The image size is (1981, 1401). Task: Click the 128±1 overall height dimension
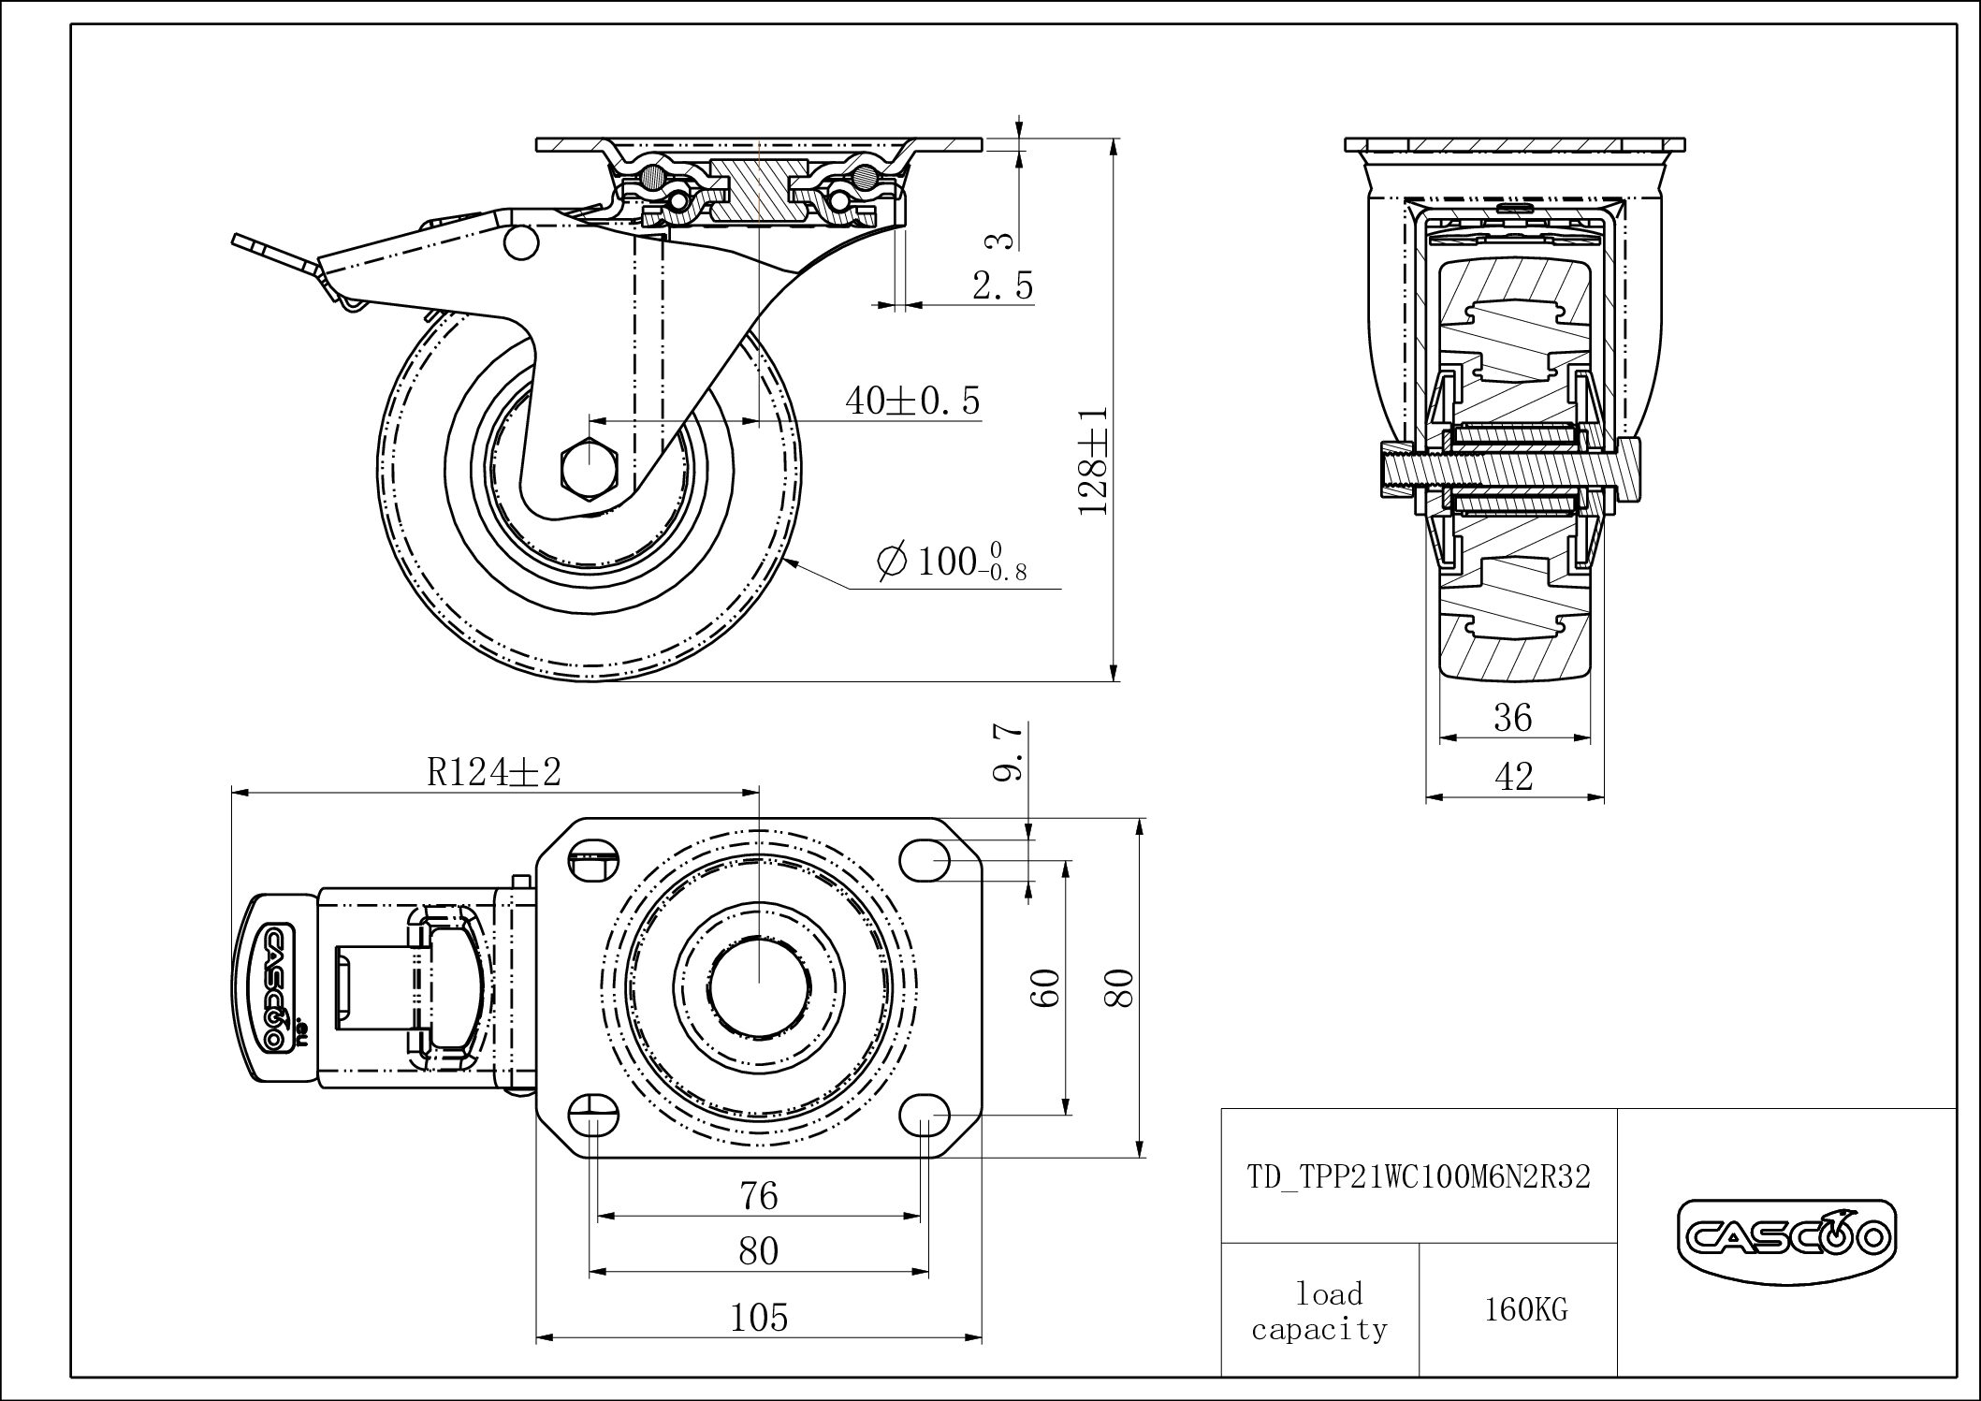click(1093, 460)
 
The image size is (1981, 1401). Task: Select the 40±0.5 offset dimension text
click(912, 401)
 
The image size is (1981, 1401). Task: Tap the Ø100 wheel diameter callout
click(951, 562)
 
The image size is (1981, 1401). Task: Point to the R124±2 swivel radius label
click(493, 772)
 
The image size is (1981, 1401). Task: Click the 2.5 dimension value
click(1002, 285)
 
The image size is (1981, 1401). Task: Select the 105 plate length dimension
click(759, 1318)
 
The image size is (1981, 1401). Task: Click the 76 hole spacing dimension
click(759, 1196)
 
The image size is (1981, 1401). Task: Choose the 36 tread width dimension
click(1513, 719)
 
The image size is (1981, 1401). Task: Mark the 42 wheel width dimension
click(1514, 776)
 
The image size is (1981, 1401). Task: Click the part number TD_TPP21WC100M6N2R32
click(1419, 1176)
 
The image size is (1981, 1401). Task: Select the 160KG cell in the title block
click(1525, 1309)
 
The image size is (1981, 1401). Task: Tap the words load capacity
click(1320, 1310)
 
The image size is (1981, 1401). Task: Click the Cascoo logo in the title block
click(1786, 1239)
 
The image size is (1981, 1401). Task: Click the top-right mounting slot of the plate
click(925, 859)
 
